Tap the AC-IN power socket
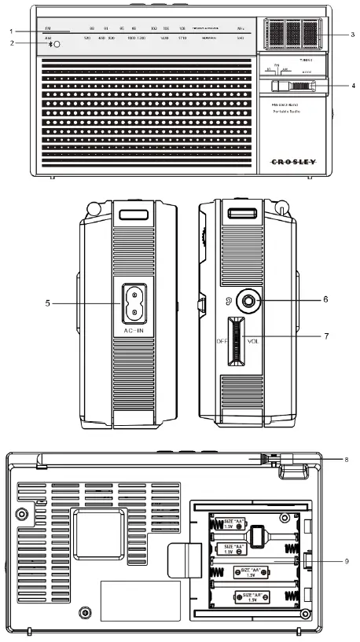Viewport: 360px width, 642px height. tap(138, 303)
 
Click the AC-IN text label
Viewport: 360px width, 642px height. tap(137, 332)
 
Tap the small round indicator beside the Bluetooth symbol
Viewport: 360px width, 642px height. tap(57, 47)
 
